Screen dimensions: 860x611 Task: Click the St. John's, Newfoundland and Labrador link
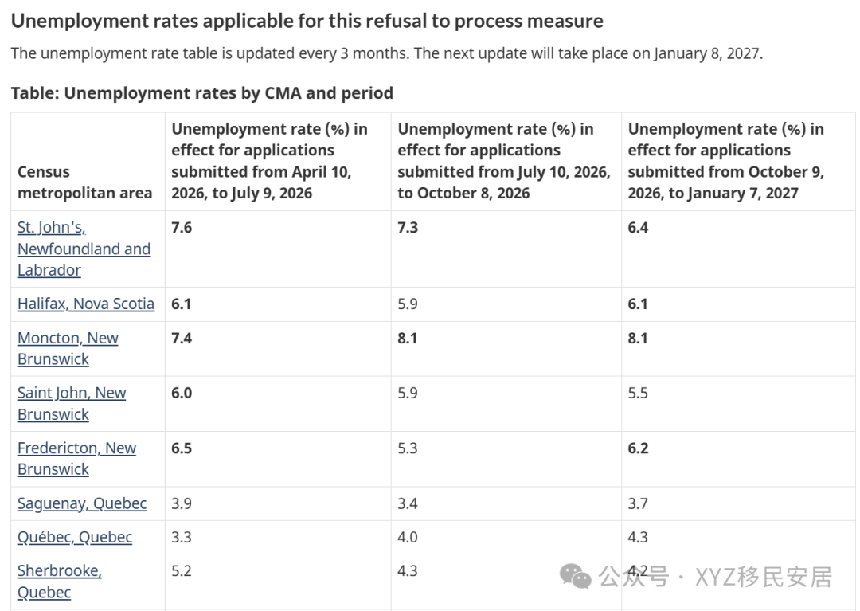(84, 249)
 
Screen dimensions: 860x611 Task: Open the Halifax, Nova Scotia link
(85, 304)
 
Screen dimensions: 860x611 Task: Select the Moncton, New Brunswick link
(68, 348)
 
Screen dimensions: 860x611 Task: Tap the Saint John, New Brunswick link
(72, 404)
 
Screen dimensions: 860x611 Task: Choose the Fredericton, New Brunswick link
(76, 459)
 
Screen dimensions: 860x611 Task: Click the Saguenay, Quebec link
(82, 503)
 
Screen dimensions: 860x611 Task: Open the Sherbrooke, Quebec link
(59, 582)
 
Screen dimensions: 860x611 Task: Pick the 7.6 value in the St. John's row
(182, 228)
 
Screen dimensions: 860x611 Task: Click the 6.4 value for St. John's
(638, 228)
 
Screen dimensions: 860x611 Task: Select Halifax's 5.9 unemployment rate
(408, 304)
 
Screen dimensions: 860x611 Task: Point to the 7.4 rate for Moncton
(182, 338)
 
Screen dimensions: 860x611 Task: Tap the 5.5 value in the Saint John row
(638, 393)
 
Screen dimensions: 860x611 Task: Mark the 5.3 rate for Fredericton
(408, 448)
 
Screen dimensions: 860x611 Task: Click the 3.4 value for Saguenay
(408, 503)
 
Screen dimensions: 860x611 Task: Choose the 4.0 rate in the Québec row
(408, 537)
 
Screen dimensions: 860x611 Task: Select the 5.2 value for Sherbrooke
(182, 571)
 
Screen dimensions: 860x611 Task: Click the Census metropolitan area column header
(84, 182)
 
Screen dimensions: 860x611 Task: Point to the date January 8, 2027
(707, 53)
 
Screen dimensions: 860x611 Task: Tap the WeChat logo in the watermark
(576, 577)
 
